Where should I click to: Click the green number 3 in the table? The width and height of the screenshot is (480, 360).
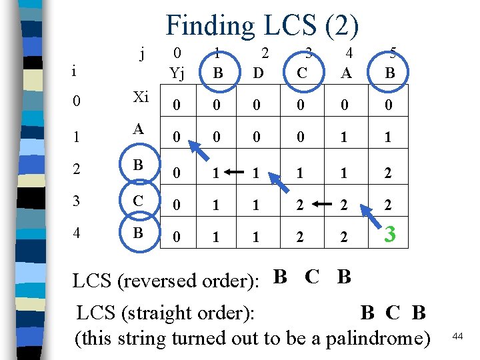pyautogui.click(x=391, y=234)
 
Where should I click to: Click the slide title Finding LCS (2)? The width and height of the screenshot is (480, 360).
pyautogui.click(x=262, y=25)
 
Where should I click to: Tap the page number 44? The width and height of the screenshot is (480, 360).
pyautogui.click(x=457, y=337)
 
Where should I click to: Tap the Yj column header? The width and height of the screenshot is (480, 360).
pyautogui.click(x=177, y=72)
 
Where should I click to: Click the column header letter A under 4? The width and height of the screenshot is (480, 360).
pyautogui.click(x=346, y=72)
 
